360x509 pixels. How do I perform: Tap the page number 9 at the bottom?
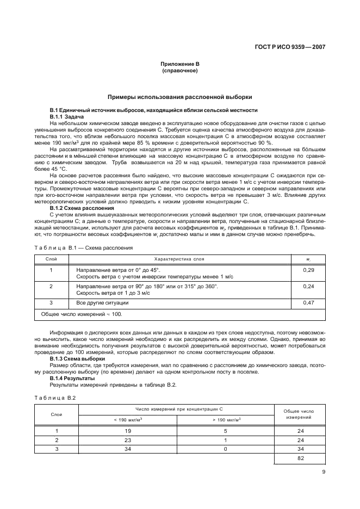(324, 471)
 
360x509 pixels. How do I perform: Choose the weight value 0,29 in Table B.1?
(308, 269)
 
